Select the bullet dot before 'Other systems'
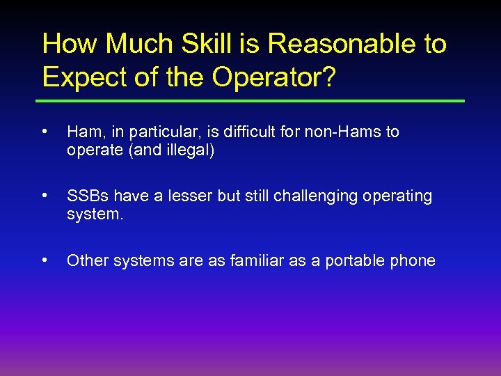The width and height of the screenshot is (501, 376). [45, 260]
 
